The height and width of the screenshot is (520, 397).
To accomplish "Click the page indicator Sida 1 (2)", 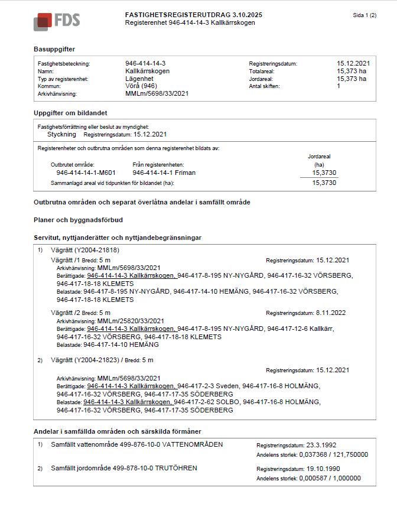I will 364,15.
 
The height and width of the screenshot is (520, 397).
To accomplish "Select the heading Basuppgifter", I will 54,49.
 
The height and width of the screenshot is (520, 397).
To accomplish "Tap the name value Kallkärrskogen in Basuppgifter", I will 148,71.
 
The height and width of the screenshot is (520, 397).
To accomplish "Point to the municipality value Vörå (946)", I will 142,86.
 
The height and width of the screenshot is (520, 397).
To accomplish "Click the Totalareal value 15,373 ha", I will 352,71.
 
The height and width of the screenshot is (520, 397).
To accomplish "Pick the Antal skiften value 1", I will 339,86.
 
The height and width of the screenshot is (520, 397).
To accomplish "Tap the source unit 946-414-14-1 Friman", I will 164,173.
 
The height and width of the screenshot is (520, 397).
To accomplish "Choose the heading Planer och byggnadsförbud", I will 78,220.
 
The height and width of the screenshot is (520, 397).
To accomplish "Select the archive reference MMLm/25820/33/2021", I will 130,321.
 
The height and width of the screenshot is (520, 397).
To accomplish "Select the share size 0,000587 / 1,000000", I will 331,478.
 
